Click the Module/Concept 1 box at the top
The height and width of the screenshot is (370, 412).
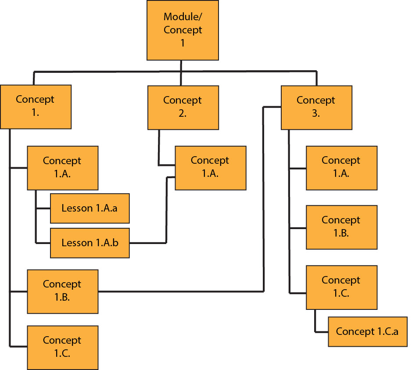183,30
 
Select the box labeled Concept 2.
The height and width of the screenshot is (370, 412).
183,107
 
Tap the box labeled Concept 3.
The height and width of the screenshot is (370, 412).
316,107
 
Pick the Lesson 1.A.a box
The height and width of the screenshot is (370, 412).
90,208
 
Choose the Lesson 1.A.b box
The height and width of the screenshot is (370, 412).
90,243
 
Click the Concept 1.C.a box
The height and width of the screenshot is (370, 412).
367,331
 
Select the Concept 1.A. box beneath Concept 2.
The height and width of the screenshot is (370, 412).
210,167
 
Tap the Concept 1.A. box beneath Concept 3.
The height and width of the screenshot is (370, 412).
341,167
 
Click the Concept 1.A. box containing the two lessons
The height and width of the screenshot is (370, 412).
62,167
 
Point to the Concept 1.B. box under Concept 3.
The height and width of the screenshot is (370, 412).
341,227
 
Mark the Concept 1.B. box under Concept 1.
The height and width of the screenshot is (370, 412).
62,291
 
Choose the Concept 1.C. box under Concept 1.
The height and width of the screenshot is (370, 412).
62,347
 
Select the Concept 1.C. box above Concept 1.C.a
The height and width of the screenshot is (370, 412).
341,287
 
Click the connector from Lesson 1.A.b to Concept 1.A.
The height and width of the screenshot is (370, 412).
166,211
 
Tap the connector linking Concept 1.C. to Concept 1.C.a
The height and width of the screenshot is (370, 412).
315,323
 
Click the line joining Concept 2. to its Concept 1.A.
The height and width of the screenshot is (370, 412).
159,149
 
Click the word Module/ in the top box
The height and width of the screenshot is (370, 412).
183,17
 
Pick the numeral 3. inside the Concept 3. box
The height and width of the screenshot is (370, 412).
316,113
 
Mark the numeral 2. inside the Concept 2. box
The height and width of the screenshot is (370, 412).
183,113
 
